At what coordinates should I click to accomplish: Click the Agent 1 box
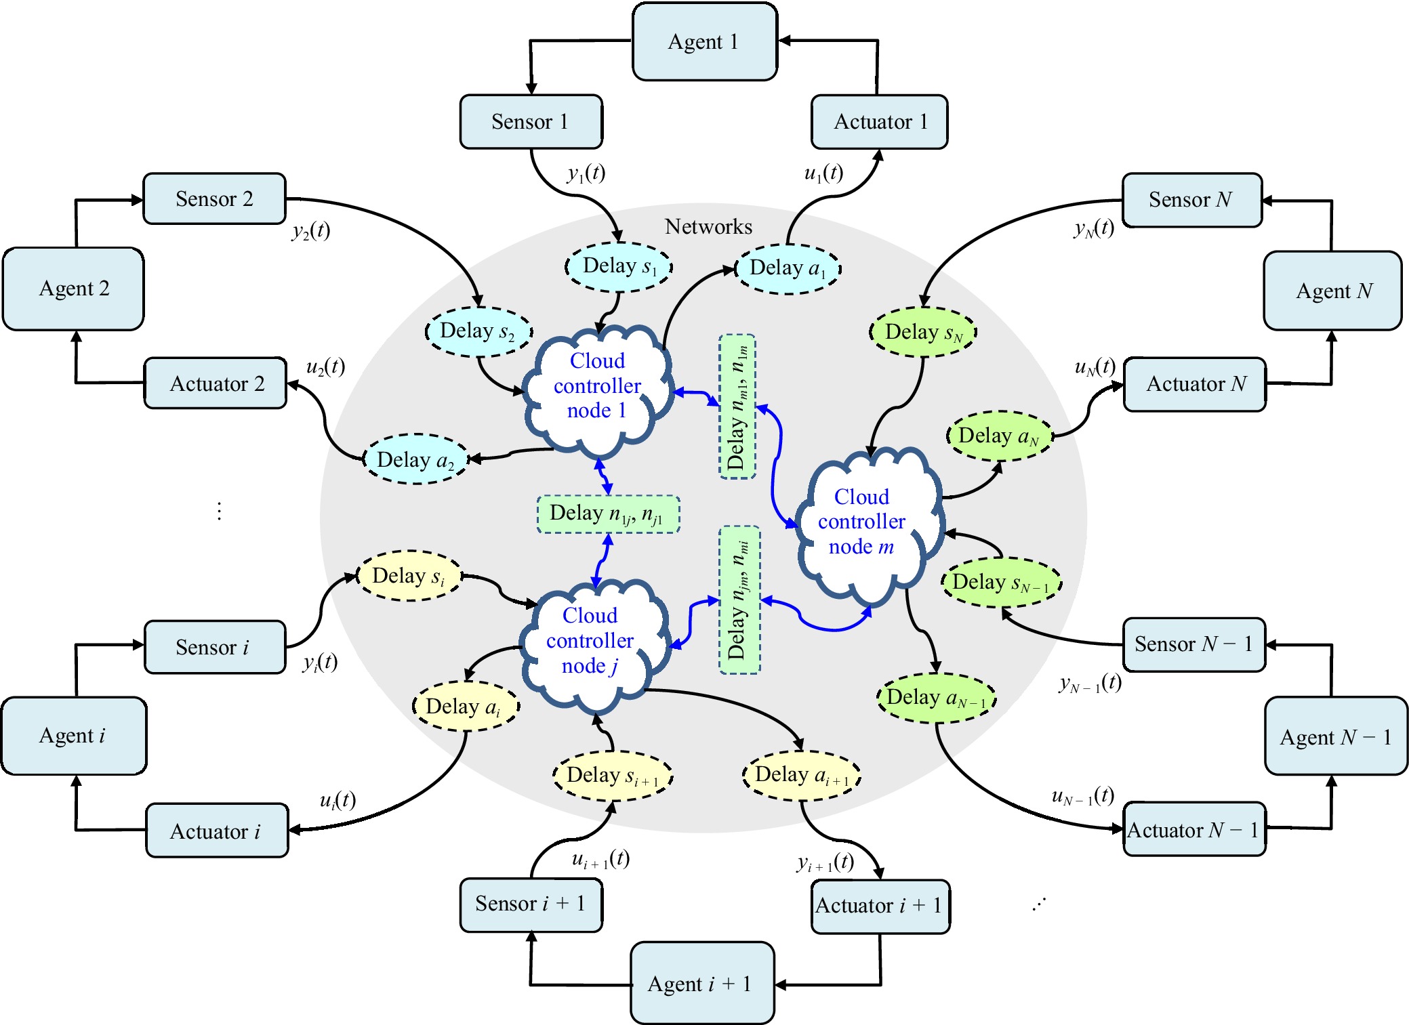pyautogui.click(x=704, y=42)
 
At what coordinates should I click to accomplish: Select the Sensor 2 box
pyautogui.click(x=214, y=198)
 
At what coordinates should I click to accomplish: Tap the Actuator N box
pyautogui.click(x=1195, y=384)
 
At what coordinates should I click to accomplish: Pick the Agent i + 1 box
pyautogui.click(x=701, y=983)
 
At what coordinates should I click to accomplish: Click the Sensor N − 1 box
pyautogui.click(x=1193, y=644)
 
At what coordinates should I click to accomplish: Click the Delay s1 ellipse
pyautogui.click(x=619, y=266)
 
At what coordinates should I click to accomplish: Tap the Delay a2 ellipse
pyautogui.click(x=415, y=459)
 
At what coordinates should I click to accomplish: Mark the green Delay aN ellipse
pyautogui.click(x=999, y=436)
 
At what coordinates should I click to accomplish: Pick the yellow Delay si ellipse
pyautogui.click(x=409, y=576)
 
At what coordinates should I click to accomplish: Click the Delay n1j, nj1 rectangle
pyautogui.click(x=608, y=514)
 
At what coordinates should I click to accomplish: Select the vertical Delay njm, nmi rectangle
pyautogui.click(x=739, y=600)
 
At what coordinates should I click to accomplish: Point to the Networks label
pyautogui.click(x=708, y=227)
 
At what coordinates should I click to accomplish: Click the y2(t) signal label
pyautogui.click(x=311, y=231)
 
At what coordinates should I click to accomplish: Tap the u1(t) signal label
pyautogui.click(x=823, y=173)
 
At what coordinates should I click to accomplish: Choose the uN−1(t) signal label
pyautogui.click(x=1082, y=796)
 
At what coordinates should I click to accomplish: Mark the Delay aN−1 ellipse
pyautogui.click(x=936, y=698)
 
